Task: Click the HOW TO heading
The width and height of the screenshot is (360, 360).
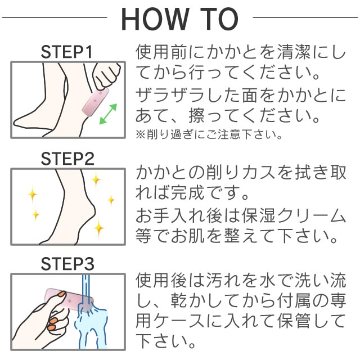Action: coord(179,19)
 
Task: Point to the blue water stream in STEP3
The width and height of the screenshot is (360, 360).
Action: coord(85,290)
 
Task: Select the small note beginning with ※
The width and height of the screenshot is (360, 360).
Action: coord(209,135)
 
